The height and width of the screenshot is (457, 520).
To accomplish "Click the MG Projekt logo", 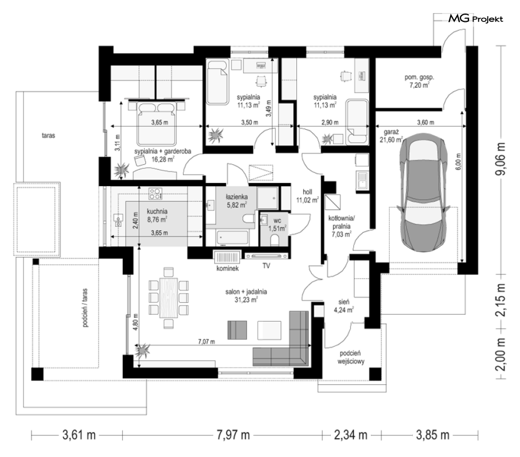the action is pos(476,19).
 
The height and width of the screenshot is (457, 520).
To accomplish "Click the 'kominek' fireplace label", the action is pos(227,268).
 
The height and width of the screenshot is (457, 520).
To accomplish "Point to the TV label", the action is pos(266,266).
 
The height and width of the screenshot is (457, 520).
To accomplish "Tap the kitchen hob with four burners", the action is pos(156,193).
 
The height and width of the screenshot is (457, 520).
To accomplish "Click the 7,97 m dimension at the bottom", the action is pos(233,435).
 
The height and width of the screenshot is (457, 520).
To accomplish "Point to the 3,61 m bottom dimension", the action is pos(79,435).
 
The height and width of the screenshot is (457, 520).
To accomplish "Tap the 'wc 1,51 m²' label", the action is pos(278,224).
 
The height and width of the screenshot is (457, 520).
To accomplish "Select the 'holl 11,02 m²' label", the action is pos(307,196).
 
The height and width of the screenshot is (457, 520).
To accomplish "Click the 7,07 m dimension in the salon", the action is pos(206,341).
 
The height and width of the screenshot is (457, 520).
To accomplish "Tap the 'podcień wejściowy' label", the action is pos(351,358).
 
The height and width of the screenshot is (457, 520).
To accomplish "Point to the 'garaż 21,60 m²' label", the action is pos(391,136).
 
